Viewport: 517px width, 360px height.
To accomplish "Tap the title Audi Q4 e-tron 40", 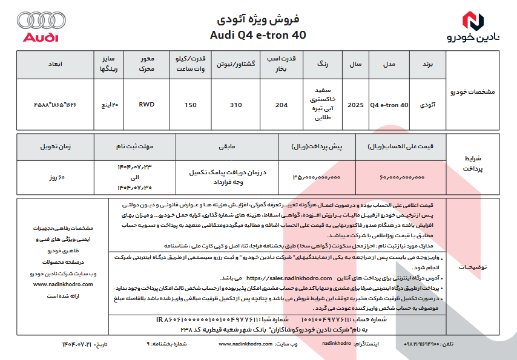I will coord(258,34).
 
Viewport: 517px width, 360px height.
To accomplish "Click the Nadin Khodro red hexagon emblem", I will coord(473,21).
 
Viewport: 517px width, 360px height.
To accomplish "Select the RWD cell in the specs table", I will coord(146,104).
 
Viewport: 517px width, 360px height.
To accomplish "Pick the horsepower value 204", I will coord(282,105).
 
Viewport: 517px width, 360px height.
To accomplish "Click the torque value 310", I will coord(235,105).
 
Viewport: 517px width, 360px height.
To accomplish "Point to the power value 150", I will coord(191,105).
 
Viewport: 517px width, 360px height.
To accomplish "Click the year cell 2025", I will coord(356,105).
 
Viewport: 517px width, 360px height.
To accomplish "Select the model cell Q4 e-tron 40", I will coord(390,105).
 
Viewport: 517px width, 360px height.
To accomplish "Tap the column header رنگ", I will coord(321,63).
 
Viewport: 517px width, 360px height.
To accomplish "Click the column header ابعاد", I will coord(55,63).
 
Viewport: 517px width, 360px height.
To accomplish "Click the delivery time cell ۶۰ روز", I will coord(58,178).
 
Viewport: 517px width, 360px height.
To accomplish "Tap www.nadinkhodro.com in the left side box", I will coord(62,283).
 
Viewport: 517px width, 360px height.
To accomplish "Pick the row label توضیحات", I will coord(475,266).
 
